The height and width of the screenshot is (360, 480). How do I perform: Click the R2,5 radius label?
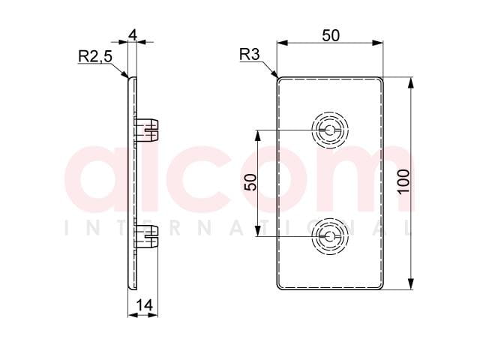pos(95,57)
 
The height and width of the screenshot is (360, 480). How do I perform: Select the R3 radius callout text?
pos(249,55)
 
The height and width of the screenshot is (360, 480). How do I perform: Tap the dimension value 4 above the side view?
pos(133,35)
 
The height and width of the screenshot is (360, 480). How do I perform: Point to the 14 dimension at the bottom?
pos(144,305)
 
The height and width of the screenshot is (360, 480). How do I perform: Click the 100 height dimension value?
pos(403,181)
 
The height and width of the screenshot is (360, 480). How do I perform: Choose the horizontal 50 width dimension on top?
pos(331,35)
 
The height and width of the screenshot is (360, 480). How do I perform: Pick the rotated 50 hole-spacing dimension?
pos(250,182)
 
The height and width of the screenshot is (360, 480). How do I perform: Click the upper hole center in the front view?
pos(330,130)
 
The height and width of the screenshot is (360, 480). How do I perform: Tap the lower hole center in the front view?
pos(330,236)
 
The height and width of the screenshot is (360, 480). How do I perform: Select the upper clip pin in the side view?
pos(146,130)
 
